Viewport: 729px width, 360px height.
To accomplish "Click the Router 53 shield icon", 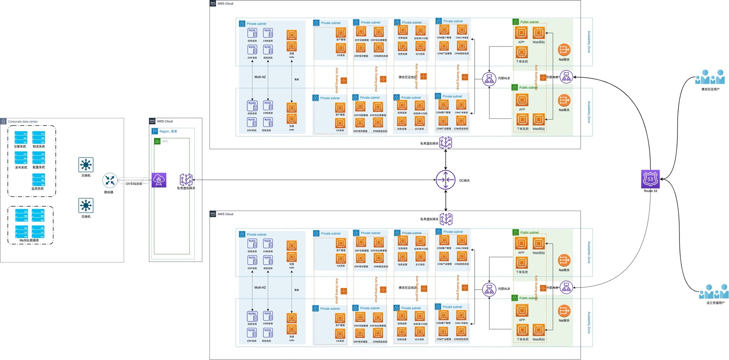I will coord(650,179).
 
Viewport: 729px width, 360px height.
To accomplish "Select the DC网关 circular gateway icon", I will coord(445,180).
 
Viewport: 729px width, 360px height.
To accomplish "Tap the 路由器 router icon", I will coord(110,180).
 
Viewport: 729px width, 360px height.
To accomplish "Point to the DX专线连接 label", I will coord(134,184).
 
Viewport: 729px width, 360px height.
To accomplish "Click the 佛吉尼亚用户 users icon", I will coord(710,77).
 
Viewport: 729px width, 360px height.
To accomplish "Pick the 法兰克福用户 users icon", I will coord(714,292).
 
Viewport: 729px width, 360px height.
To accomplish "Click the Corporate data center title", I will coord(23,121).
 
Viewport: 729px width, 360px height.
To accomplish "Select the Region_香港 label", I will coord(168,131).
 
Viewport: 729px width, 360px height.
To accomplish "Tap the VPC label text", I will coord(165,141).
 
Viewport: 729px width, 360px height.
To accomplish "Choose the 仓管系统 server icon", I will coord(21,137).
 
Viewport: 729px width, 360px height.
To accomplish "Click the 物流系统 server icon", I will coord(38,137).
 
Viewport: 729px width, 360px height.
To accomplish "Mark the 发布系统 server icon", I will coord(21,158).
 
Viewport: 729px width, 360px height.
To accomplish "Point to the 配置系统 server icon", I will coord(38,158).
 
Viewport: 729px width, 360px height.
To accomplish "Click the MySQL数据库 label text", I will coord(29,240).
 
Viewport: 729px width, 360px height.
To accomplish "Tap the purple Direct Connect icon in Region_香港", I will coord(159,180).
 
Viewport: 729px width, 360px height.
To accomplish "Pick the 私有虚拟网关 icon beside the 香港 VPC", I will coord(186,179).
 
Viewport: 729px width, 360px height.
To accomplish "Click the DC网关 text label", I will coord(464,181).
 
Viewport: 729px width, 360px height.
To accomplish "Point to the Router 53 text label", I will coord(650,191).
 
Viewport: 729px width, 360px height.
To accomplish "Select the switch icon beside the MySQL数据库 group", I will coord(86,205).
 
